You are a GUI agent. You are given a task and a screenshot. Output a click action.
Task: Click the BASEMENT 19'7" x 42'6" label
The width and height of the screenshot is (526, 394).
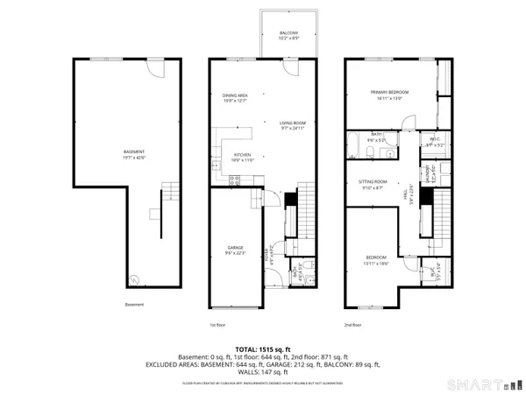click(110, 156)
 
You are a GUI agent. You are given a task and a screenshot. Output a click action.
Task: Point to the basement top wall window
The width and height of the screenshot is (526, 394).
click(102, 60)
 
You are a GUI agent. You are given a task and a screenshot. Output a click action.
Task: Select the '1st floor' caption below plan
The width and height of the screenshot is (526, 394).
click(218, 324)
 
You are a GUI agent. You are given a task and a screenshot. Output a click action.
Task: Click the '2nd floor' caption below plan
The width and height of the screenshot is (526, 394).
click(352, 324)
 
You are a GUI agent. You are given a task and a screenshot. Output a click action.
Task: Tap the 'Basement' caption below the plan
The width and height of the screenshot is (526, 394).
click(134, 305)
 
